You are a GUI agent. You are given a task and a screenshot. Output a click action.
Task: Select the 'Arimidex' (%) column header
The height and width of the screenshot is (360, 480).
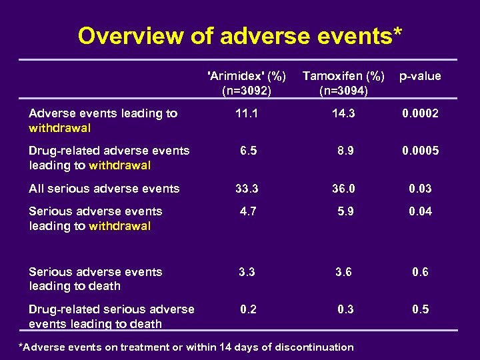[247, 76]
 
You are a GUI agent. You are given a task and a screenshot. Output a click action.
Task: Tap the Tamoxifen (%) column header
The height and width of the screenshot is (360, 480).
[344, 76]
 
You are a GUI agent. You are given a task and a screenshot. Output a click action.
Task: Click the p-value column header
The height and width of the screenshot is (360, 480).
[420, 76]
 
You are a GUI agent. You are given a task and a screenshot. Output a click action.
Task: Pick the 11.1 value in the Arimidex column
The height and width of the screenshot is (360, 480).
[247, 113]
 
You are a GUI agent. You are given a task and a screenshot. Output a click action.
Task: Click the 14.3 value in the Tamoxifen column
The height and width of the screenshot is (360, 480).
[344, 113]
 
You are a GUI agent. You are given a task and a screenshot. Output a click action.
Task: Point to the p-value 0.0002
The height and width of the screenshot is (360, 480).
[420, 113]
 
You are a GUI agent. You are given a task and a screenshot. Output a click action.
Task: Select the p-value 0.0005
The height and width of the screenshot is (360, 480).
[420, 151]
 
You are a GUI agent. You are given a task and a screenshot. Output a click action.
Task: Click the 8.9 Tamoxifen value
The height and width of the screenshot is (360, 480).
[345, 151]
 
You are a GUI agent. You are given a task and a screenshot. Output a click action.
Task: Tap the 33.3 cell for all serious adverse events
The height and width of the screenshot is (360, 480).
[247, 189]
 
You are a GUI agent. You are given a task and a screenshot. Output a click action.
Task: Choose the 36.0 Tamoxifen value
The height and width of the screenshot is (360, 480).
[344, 189]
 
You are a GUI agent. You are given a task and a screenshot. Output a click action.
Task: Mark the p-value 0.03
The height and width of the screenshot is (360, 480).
[420, 189]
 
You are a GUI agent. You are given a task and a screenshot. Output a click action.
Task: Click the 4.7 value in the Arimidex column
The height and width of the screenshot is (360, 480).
[248, 211]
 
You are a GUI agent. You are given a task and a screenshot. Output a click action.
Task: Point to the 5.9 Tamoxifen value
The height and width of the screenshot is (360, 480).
[345, 211]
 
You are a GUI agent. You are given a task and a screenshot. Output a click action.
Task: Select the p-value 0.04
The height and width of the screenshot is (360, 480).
[420, 211]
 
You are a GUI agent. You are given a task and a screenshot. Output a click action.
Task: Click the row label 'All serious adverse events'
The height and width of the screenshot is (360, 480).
[104, 189]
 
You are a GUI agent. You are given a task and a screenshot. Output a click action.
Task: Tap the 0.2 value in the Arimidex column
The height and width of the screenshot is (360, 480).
[248, 309]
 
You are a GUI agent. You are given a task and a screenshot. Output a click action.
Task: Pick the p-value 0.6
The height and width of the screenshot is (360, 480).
[420, 272]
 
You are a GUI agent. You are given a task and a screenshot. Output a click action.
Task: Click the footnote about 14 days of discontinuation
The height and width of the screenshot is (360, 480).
[186, 347]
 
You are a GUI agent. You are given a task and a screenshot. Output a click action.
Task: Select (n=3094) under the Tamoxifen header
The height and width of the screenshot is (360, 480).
[344, 89]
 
